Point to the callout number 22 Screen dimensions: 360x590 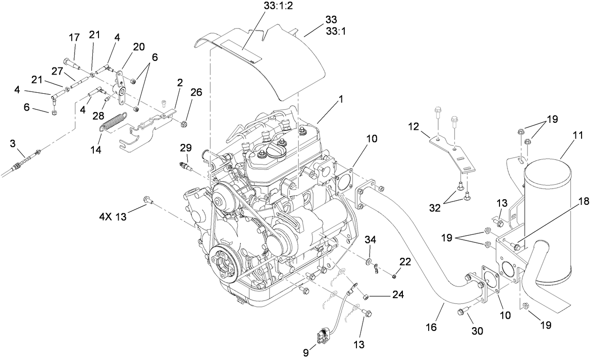(x=405, y=261)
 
